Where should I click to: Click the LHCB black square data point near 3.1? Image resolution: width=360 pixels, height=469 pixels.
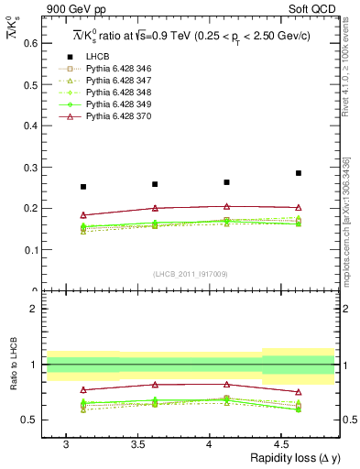pos(83,187)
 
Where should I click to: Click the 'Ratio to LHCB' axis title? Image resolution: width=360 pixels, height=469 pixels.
pos(10,363)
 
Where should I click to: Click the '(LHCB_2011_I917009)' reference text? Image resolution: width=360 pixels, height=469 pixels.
pos(191,274)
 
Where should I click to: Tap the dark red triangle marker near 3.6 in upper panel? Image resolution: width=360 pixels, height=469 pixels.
pos(155,208)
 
